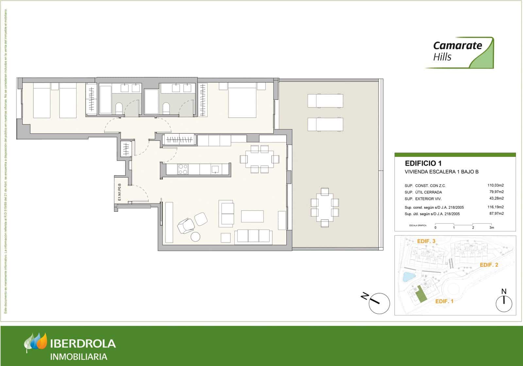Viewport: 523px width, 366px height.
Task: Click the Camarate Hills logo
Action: tap(459, 53)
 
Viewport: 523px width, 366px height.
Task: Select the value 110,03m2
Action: tap(496, 185)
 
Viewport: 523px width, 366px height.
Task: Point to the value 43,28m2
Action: tap(496, 198)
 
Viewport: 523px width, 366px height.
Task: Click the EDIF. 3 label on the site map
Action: tap(426, 241)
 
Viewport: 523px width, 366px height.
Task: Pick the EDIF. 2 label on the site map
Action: tap(489, 265)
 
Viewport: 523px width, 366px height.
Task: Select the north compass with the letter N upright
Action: tap(504, 303)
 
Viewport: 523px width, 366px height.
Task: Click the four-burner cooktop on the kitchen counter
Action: tap(183, 169)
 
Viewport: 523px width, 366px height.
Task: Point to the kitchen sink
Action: tap(215, 169)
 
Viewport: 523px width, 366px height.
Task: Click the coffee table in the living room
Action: tap(252, 216)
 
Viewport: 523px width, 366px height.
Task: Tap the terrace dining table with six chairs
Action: tap(324, 207)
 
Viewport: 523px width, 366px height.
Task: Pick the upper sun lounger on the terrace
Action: tap(325, 101)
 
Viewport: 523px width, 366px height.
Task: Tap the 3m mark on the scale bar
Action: tap(492, 227)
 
